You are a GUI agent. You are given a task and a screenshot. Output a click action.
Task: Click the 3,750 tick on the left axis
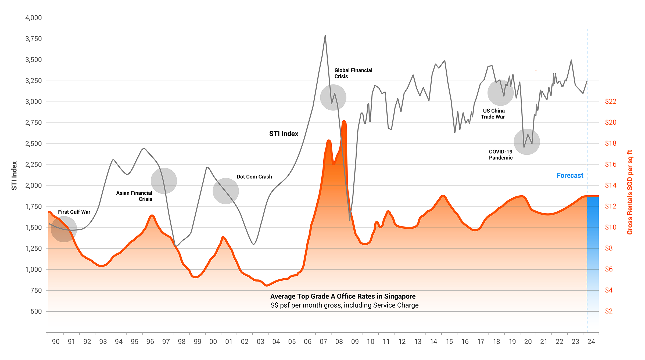pyautogui.click(x=34, y=39)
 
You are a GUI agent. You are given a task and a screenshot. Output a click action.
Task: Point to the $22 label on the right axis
pyautogui.click(x=611, y=101)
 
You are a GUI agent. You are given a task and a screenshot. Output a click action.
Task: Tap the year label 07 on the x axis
pyautogui.click(x=323, y=341)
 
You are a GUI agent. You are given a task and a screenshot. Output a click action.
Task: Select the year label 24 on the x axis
pyautogui.click(x=591, y=341)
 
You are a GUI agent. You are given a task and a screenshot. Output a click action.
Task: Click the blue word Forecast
pyautogui.click(x=570, y=175)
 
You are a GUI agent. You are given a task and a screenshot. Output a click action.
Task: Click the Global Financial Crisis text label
pyautogui.click(x=353, y=73)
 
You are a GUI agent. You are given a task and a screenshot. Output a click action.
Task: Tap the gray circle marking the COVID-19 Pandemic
pyautogui.click(x=526, y=142)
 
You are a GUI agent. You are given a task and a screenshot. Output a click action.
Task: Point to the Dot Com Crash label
pyautogui.click(x=254, y=177)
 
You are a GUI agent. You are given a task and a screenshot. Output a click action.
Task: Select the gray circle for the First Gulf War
pyautogui.click(x=64, y=229)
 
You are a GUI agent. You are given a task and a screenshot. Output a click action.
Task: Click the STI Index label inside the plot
pyautogui.click(x=284, y=134)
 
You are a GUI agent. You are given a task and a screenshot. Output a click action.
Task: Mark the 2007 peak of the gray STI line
pyautogui.click(x=325, y=36)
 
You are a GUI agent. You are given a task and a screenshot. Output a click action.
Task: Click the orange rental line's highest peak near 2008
pyautogui.click(x=344, y=122)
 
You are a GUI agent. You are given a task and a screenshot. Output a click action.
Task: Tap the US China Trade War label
pyautogui.click(x=493, y=114)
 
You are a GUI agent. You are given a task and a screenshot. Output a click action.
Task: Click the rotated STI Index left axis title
pyautogui.click(x=14, y=175)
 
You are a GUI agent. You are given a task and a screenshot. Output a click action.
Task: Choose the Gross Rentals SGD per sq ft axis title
pyautogui.click(x=630, y=192)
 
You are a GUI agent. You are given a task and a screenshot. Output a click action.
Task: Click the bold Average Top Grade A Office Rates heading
pyautogui.click(x=343, y=296)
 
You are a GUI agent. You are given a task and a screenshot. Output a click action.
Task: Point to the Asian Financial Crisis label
pyautogui.click(x=134, y=196)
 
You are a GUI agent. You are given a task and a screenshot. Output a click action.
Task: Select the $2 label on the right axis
pyautogui.click(x=609, y=311)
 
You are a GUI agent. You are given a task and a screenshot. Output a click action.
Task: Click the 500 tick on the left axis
pyautogui.click(x=36, y=311)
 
